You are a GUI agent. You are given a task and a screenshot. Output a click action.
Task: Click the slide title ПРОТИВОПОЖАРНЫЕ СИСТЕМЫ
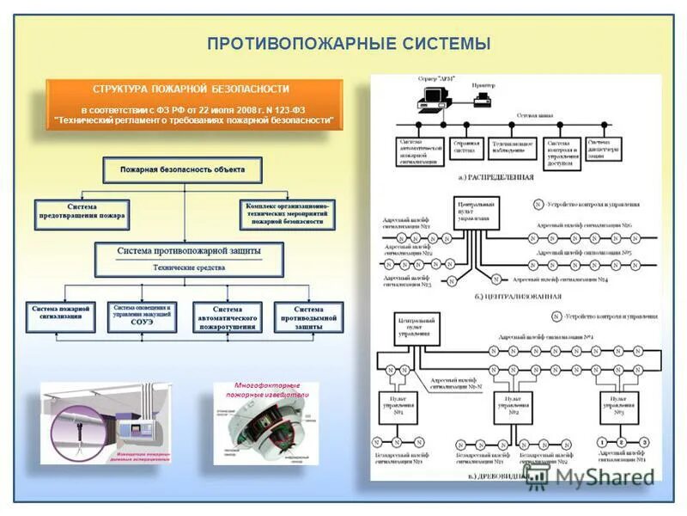350,44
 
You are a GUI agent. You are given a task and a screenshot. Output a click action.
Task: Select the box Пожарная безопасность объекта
182,170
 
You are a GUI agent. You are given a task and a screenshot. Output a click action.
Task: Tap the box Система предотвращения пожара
82,214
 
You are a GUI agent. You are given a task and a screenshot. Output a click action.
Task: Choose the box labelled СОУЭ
142,316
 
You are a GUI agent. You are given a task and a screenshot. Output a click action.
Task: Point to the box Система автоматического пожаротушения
227,317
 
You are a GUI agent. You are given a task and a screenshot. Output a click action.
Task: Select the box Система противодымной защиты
308,316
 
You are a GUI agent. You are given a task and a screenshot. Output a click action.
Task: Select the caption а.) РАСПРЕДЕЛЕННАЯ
496,177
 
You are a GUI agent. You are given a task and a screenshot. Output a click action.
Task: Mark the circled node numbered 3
645,442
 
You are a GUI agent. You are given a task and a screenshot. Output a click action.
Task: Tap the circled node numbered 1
602,442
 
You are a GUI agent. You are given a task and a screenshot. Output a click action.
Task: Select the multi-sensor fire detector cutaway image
265,426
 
